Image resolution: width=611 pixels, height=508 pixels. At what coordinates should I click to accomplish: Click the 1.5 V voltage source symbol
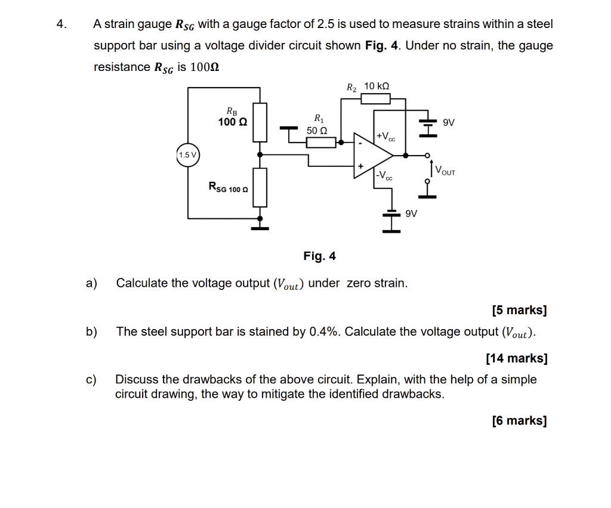point(188,155)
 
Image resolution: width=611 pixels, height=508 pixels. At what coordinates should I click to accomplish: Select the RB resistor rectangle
point(260,122)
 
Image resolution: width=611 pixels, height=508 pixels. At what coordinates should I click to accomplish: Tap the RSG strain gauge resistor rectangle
point(260,187)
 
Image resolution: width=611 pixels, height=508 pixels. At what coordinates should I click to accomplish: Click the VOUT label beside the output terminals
point(445,171)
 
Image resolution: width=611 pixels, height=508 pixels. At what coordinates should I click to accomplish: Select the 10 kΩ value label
point(377,86)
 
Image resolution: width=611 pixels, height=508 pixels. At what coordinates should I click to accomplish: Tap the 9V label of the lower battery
point(411,213)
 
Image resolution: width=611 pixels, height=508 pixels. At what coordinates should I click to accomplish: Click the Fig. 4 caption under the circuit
point(319,256)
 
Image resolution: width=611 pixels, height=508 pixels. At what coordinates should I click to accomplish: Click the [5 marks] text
point(519,310)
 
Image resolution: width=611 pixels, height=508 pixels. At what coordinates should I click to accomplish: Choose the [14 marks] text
point(516,358)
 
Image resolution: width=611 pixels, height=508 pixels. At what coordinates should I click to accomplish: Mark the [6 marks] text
point(519,420)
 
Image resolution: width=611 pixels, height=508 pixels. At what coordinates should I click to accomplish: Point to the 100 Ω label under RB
point(232,122)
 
